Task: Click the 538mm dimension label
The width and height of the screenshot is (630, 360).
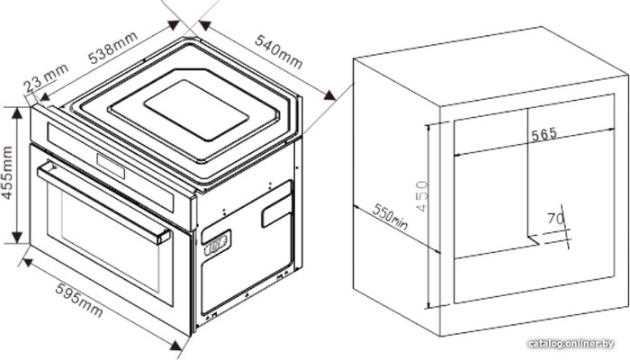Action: point(113,47)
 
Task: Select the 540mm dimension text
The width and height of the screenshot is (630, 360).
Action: point(279,51)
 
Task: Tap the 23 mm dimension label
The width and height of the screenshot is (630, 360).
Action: point(45,79)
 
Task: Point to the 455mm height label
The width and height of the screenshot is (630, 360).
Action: point(7,173)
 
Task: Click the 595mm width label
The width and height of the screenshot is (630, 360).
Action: point(79,300)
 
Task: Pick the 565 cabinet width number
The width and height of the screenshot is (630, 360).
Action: point(544,134)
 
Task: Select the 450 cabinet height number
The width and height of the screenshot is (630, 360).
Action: point(422,196)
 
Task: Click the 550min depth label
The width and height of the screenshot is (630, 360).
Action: point(390,218)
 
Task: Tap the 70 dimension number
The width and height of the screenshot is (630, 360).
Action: point(555,219)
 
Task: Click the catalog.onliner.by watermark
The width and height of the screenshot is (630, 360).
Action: point(571,344)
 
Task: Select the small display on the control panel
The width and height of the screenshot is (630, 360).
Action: point(111,166)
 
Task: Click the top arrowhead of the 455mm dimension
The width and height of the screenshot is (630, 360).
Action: point(17,113)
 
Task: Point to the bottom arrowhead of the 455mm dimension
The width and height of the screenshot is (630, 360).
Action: point(17,237)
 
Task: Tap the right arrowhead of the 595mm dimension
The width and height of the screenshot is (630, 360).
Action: point(176,345)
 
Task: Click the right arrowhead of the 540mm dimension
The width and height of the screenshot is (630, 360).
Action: point(329,95)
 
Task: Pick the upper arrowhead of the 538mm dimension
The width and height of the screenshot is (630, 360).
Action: point(174,25)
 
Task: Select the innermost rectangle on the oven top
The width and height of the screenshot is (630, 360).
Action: point(196,110)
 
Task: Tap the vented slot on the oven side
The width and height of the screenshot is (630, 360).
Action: point(217,243)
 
